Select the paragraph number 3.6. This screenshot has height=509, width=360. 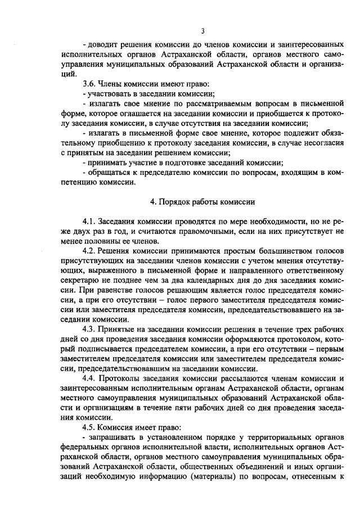91,84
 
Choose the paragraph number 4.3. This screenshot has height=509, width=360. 91,328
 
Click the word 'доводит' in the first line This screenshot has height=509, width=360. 101,44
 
